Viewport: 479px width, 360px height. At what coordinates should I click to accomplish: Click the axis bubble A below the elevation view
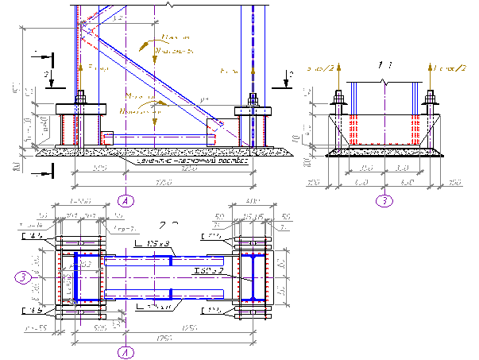125,200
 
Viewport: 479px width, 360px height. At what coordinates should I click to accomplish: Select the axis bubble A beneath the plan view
125,350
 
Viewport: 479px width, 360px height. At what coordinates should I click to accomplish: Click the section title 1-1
385,64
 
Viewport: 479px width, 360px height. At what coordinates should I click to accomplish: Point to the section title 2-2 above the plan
168,224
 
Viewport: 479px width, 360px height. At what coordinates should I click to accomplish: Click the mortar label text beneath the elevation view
191,161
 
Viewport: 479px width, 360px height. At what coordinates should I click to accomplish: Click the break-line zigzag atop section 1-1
384,82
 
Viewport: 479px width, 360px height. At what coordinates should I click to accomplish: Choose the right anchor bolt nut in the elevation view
253,98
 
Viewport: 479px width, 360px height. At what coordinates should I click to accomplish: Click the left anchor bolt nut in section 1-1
339,99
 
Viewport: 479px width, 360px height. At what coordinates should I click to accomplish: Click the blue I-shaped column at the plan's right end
252,277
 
